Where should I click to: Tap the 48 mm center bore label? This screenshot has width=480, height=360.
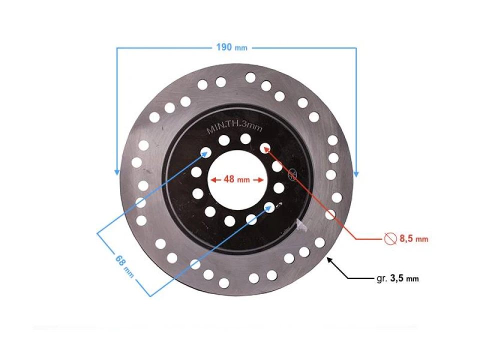pyautogui.click(x=236, y=179)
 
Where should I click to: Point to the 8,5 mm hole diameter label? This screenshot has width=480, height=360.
pyautogui.click(x=413, y=239)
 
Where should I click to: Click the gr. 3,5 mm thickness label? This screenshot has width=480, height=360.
pyautogui.click(x=397, y=278)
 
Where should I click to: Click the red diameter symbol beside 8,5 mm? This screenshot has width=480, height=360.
pyautogui.click(x=390, y=239)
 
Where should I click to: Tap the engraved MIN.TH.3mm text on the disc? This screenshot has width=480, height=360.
pyautogui.click(x=234, y=128)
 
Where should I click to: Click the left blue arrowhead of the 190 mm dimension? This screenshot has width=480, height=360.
pyautogui.click(x=116, y=172)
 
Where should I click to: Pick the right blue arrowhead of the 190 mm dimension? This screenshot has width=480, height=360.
pyautogui.click(x=356, y=173)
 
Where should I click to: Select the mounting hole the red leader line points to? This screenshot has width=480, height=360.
pyautogui.click(x=265, y=147)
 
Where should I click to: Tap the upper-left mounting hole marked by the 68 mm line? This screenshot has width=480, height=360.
pyautogui.click(x=205, y=151)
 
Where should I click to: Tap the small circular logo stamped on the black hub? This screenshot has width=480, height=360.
pyautogui.click(x=293, y=174)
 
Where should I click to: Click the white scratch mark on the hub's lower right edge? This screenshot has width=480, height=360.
pyautogui.click(x=301, y=226)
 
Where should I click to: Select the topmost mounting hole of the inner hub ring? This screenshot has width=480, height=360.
pyautogui.click(x=245, y=138)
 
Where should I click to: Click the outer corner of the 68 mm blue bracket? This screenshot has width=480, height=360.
pyautogui.click(x=97, y=233)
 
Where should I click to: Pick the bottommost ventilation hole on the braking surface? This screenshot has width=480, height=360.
pyautogui.click(x=224, y=283)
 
